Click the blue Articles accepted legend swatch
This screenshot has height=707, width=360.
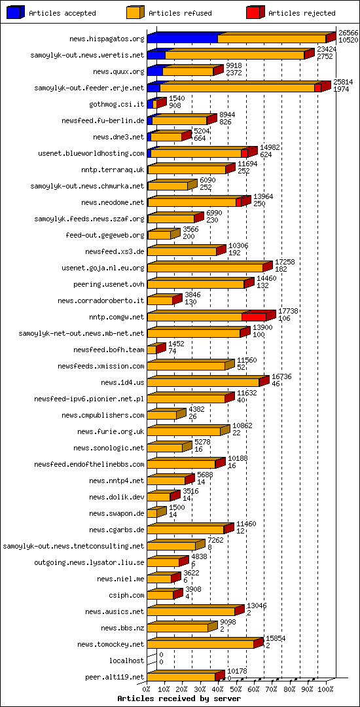pyautogui.click(x=16, y=12)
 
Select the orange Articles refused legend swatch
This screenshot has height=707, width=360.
pyautogui.click(x=135, y=12)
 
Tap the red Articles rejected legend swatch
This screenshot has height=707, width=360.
pyautogui.click(x=255, y=12)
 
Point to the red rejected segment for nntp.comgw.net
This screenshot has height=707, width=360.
pyautogui.click(x=254, y=317)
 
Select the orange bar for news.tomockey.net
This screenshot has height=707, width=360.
pyautogui.click(x=200, y=644)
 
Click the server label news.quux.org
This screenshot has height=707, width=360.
pyautogui.click(x=118, y=71)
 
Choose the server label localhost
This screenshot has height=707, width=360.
pyautogui.click(x=126, y=661)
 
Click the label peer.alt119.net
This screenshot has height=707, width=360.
pyautogui.click(x=115, y=677)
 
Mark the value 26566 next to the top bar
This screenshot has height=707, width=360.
pyautogui.click(x=348, y=32)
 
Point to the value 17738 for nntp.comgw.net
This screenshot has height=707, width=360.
pyautogui.click(x=289, y=311)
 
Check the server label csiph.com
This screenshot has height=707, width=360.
pyautogui.click(x=129, y=595)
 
